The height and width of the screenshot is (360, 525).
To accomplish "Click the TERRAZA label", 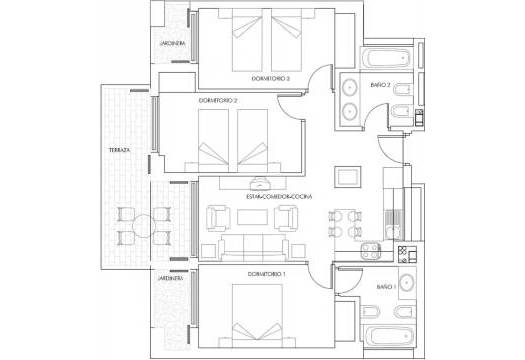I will point(119,150).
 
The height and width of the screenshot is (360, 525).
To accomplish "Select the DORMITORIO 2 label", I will point(219,100).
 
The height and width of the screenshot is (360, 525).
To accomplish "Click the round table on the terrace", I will point(135,226).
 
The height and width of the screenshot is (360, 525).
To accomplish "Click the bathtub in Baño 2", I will point(385,56).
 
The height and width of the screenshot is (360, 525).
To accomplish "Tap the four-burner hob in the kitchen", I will point(372,251).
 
